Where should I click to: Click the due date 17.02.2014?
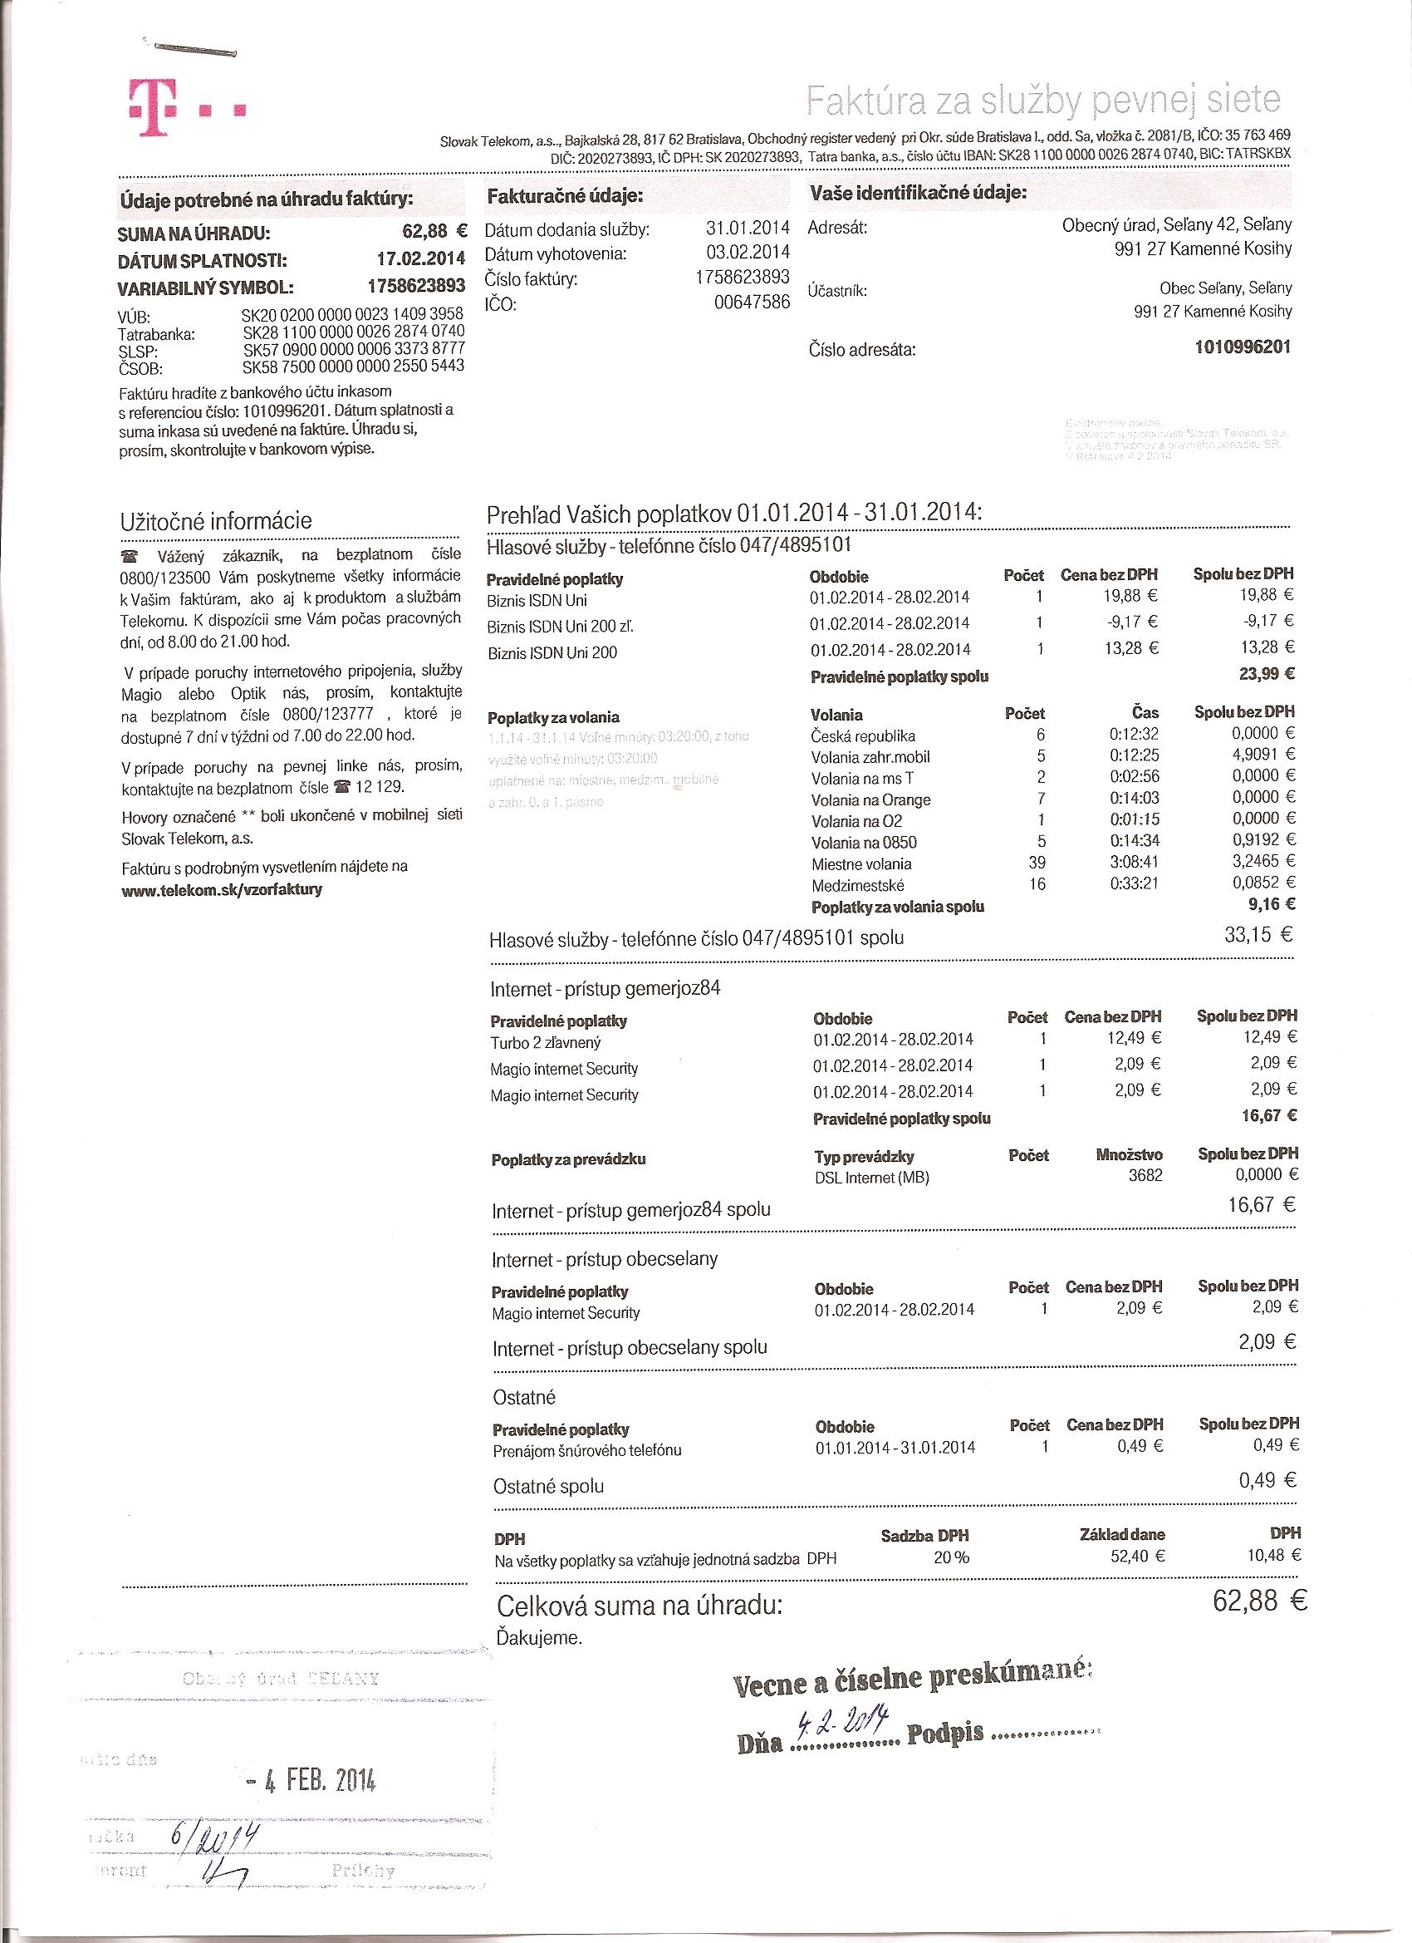(420, 258)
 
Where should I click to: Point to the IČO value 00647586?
(752, 303)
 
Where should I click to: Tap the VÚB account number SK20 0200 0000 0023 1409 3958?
(353, 314)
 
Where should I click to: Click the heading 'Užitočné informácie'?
(216, 521)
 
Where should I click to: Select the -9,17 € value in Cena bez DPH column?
(1132, 622)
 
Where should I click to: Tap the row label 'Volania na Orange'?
(870, 799)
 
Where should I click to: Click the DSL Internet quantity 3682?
(1145, 1175)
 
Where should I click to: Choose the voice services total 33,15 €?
(1258, 935)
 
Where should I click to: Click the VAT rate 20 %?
(950, 1557)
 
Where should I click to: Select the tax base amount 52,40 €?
(1137, 1557)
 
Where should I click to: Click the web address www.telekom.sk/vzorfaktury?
(222, 889)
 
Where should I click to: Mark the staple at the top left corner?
(194, 49)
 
